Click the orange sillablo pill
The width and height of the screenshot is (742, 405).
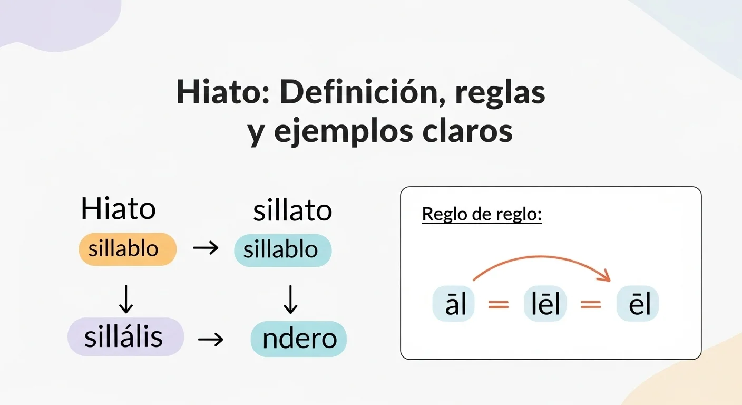(127, 249)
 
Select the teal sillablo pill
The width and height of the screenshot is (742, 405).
(282, 249)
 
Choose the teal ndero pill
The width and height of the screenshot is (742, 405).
(299, 339)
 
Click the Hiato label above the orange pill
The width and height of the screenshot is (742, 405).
(118, 209)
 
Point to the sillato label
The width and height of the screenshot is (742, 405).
(292, 211)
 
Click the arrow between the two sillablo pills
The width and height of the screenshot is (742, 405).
(205, 248)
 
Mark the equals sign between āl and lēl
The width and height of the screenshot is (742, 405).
(499, 305)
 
